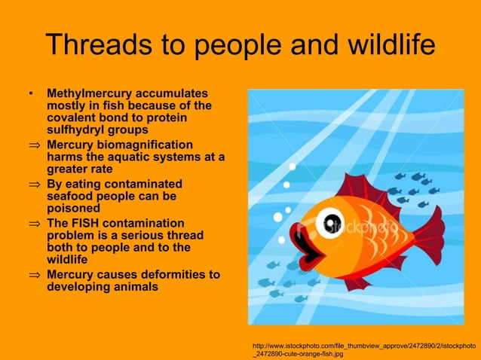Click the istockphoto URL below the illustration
point(364,348)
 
